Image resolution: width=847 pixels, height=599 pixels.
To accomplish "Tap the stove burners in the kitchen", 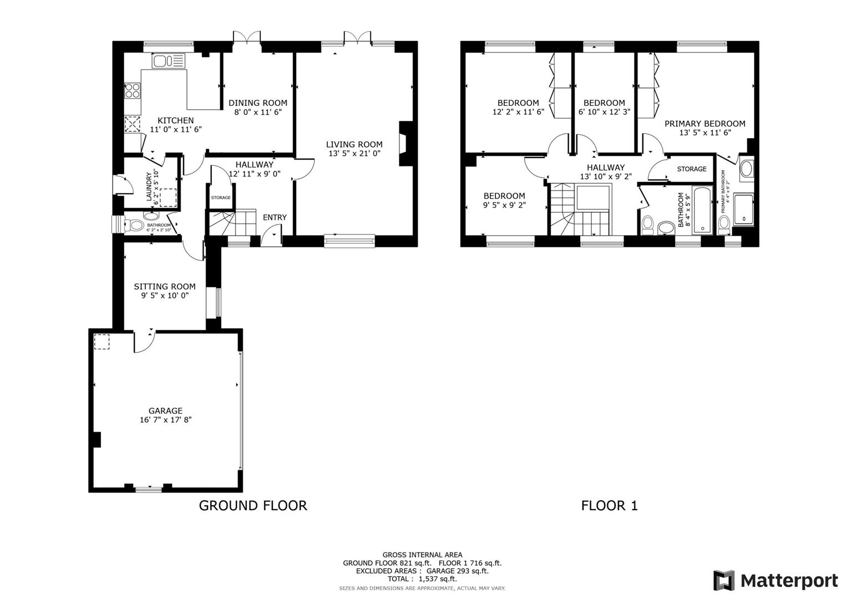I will tap(132, 90).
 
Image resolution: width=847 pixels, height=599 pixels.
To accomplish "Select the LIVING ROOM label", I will tap(354, 144).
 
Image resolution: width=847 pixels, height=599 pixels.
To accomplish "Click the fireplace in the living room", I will tap(403, 143).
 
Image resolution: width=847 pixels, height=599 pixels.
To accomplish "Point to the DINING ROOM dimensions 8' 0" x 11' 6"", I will tap(258, 111).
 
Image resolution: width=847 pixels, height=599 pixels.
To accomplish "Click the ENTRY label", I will tap(275, 217).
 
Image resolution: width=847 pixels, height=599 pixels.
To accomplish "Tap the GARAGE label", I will tap(165, 411).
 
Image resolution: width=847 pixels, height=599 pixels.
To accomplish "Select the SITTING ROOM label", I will tap(165, 287).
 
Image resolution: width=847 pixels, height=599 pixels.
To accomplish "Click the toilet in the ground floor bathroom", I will tap(135, 226).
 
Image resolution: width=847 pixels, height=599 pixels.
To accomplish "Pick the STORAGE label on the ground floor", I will tap(220, 197).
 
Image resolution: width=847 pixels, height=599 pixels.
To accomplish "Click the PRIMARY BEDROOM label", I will tap(704, 124).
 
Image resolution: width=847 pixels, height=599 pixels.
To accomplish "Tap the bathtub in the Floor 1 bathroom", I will tap(702, 211).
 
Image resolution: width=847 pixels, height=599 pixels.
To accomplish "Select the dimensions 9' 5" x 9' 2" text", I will tap(504, 205).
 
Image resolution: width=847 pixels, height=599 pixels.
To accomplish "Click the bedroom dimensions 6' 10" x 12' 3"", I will tap(604, 111).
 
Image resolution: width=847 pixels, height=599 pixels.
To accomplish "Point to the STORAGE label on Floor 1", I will tap(692, 169).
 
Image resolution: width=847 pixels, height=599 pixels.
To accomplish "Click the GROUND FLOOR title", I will tap(252, 505).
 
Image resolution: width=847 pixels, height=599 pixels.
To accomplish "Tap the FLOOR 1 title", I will tap(609, 505).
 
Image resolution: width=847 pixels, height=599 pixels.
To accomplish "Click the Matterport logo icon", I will tap(724, 581).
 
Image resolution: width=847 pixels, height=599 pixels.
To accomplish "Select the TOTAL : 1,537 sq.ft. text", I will tap(422, 578).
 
